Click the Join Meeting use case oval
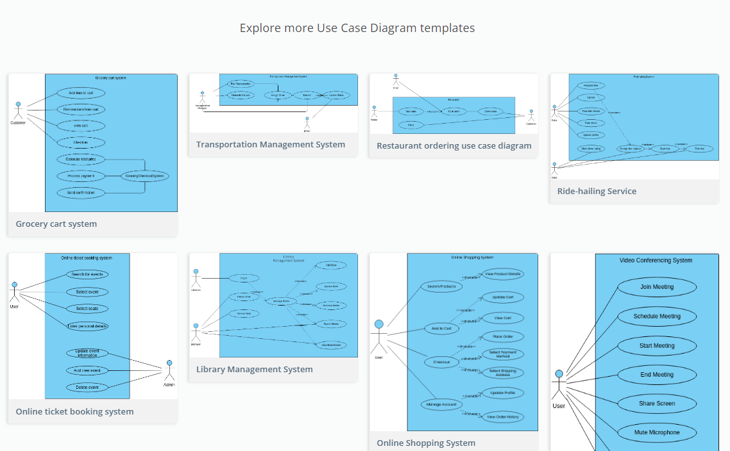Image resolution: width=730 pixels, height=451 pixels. coord(657,287)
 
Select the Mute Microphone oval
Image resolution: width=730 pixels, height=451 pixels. coord(657,432)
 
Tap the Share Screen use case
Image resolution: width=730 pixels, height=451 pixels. coord(657,404)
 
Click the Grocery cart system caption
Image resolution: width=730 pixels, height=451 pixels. coord(56,224)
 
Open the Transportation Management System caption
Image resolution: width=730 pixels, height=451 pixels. coord(271,145)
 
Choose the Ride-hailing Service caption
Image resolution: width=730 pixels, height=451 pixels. coord(597,191)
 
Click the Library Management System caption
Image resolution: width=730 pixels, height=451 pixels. coord(255,370)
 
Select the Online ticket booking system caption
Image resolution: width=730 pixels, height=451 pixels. coord(74,412)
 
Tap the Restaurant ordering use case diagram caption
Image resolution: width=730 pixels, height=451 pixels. coord(454,146)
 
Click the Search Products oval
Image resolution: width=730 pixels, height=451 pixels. coord(441,286)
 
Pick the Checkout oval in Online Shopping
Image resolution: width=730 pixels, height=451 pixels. coord(441,362)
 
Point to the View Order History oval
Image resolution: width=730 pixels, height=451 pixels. coord(503,417)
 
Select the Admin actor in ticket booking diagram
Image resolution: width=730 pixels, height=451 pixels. coord(169,372)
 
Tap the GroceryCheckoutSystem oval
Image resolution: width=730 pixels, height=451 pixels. coord(145,176)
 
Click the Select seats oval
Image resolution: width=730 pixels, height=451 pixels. coord(87,309)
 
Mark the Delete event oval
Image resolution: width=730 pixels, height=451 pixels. coord(87,388)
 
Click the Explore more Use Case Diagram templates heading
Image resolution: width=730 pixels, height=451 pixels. coord(357,28)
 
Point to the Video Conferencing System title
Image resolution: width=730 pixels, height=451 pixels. coord(656,261)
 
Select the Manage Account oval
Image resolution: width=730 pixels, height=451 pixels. coord(441,404)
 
